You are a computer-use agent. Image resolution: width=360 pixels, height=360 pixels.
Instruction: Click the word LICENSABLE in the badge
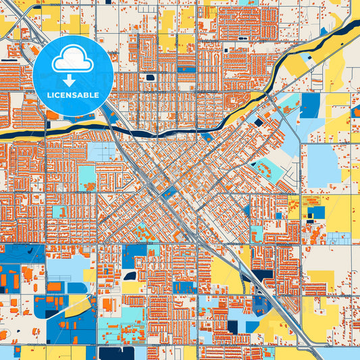[73, 95]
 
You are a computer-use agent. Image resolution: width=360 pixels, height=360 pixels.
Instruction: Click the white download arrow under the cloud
[73, 80]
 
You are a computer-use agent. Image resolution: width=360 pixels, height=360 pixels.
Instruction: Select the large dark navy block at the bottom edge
[115, 353]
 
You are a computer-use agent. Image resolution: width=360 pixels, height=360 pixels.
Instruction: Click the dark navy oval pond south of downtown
[130, 276]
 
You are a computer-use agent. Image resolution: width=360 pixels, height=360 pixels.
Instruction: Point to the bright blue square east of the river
[310, 105]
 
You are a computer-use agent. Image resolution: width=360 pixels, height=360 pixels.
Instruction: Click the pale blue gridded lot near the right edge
[338, 238]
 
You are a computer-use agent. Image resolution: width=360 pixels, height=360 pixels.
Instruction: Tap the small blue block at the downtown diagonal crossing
[169, 191]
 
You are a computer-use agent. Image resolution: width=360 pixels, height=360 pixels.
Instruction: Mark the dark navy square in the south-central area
[232, 327]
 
